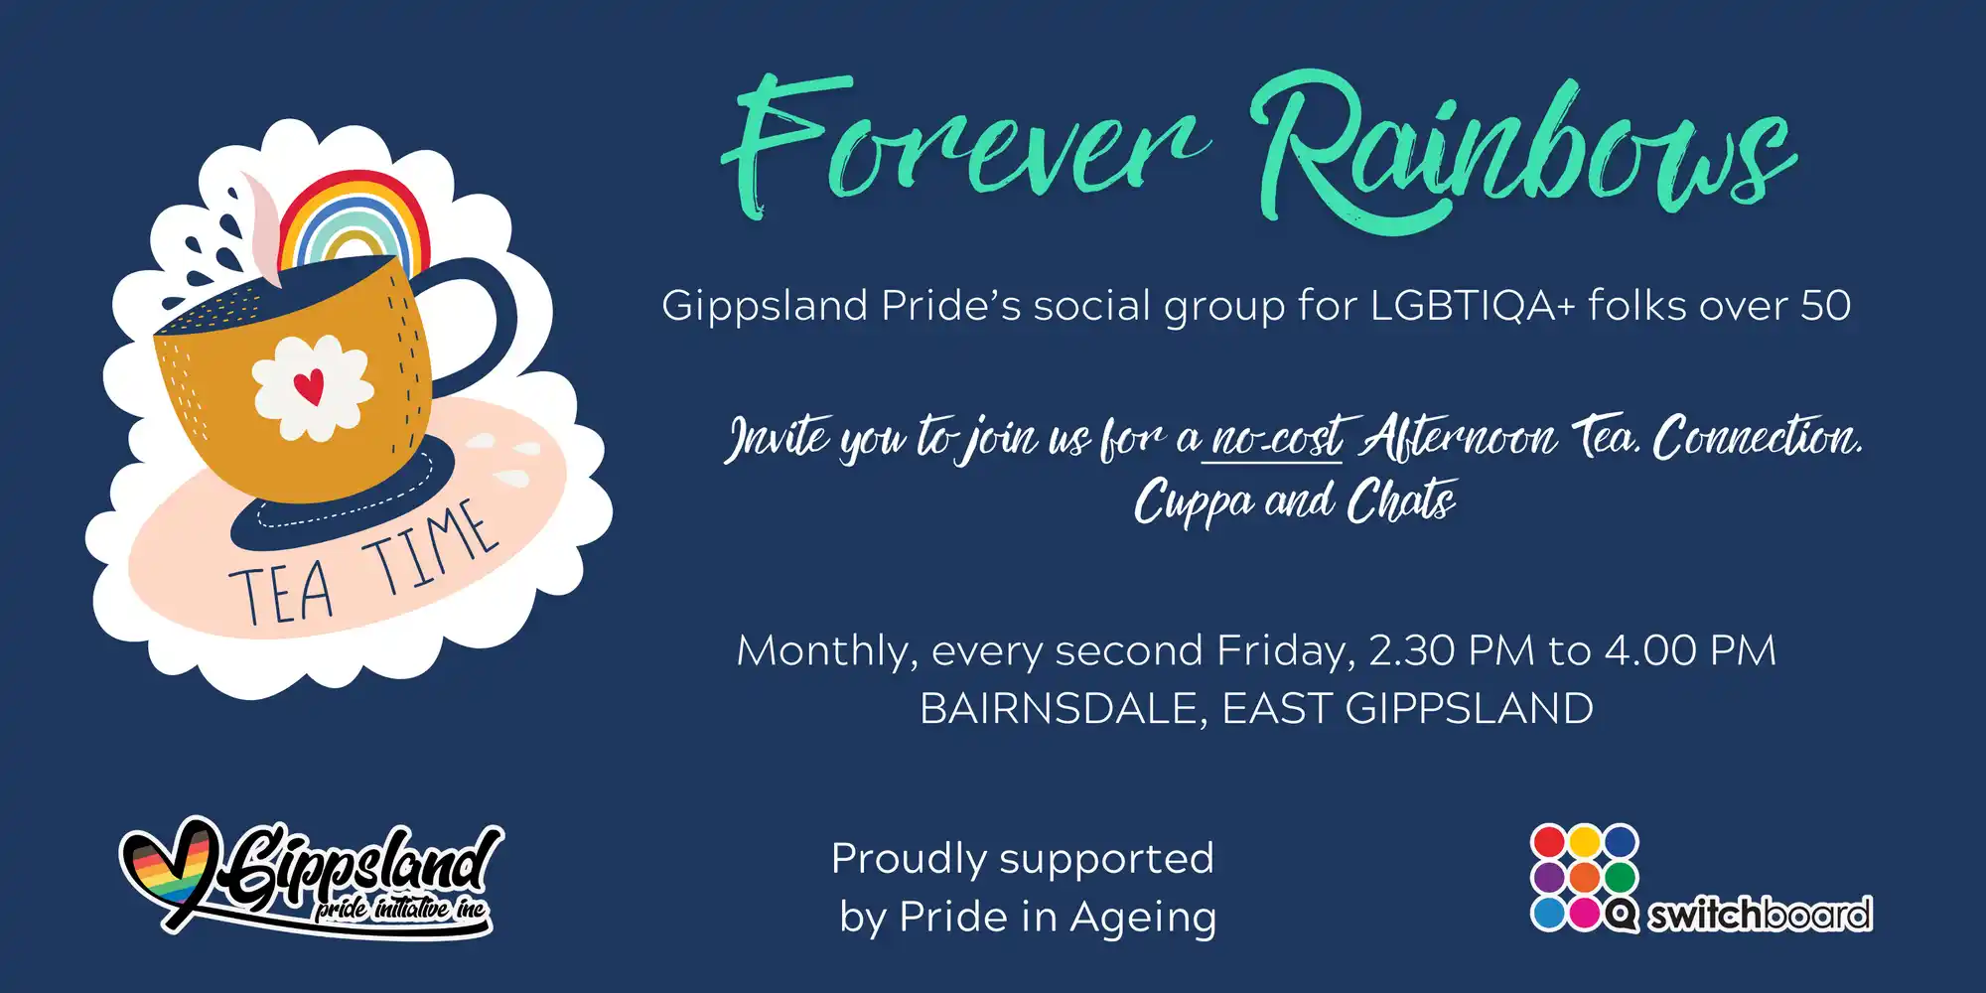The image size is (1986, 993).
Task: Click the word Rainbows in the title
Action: [1524, 149]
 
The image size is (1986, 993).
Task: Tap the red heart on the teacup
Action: [310, 385]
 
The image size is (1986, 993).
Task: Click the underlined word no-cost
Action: [1276, 437]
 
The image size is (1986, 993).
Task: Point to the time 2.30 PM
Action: [1452, 650]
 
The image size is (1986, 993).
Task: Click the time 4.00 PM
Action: [1691, 650]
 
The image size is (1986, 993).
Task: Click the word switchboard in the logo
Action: [1760, 915]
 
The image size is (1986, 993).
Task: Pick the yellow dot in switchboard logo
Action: [1584, 842]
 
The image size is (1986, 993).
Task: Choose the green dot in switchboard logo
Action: [1620, 878]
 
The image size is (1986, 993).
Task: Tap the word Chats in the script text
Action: [1401, 500]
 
